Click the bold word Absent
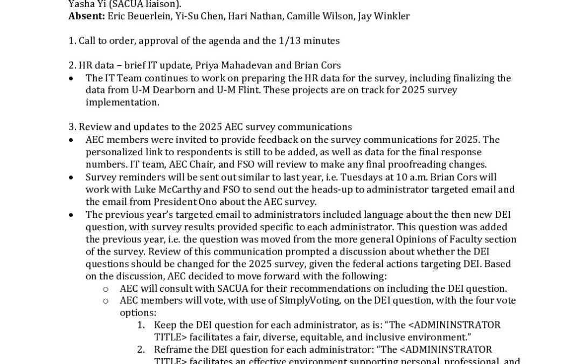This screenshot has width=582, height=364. (x=86, y=16)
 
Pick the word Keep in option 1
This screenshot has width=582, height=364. (x=164, y=325)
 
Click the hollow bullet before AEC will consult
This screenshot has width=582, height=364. (x=106, y=289)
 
